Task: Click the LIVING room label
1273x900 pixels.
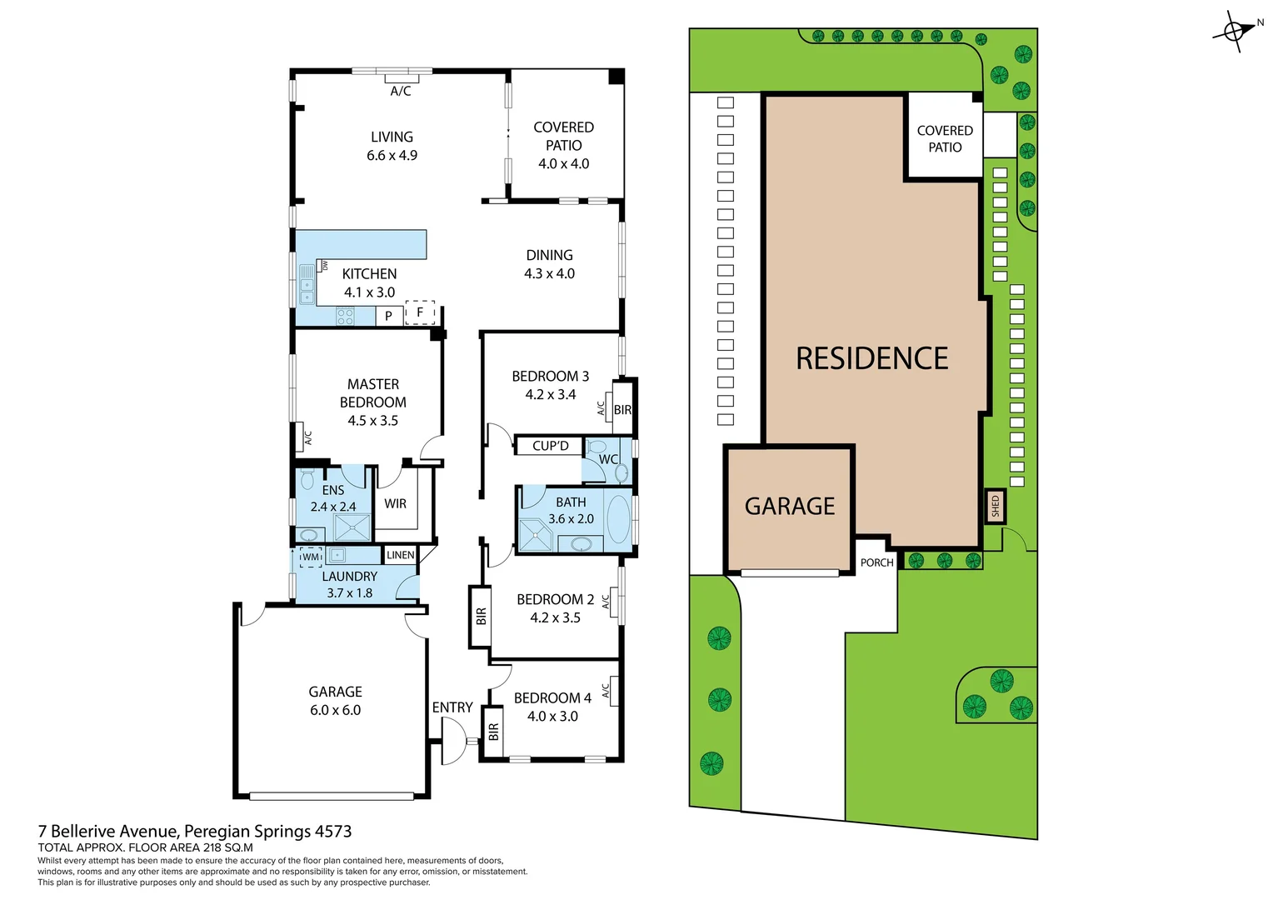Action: click(x=392, y=137)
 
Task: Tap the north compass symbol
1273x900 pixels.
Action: click(x=1234, y=32)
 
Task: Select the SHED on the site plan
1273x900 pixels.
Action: click(x=995, y=506)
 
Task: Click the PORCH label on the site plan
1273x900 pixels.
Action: click(x=876, y=562)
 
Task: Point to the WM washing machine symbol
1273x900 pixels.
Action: click(x=311, y=557)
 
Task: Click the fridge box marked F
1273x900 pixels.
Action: click(x=420, y=312)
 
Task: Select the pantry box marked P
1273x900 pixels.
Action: click(x=387, y=316)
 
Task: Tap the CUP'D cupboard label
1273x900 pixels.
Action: click(x=550, y=446)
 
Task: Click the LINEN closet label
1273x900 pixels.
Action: click(x=400, y=555)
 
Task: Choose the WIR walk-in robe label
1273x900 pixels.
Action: click(x=395, y=503)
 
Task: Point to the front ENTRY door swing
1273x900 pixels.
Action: click(x=453, y=742)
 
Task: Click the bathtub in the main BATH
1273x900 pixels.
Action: click(x=618, y=519)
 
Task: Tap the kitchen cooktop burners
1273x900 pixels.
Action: click(x=345, y=316)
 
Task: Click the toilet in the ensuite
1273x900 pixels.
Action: click(x=307, y=480)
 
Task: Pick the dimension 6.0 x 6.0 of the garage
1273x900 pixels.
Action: click(x=335, y=710)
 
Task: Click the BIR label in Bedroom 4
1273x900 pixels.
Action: click(x=493, y=732)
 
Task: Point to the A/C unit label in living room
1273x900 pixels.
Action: click(x=400, y=91)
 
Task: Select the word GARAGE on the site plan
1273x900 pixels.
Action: click(x=789, y=507)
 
